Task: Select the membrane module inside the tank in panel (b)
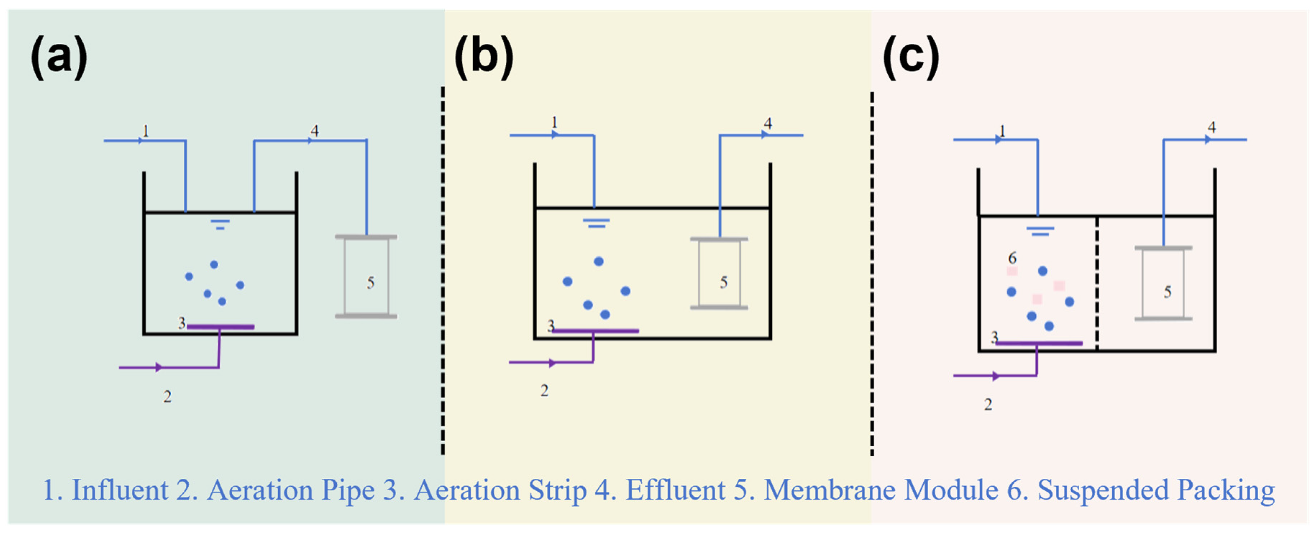(x=719, y=274)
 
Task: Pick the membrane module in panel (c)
(x=1163, y=284)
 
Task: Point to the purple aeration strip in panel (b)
(x=596, y=331)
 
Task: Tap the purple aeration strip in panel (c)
(x=1039, y=343)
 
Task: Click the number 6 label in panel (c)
(x=1012, y=258)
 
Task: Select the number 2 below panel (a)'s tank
(x=167, y=396)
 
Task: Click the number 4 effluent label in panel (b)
(x=768, y=123)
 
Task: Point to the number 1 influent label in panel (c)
(x=1003, y=131)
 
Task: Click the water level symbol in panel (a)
(x=220, y=224)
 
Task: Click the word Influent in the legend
(x=120, y=490)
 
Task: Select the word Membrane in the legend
(x=829, y=490)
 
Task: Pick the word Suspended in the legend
(x=1103, y=490)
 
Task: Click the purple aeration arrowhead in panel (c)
(x=996, y=376)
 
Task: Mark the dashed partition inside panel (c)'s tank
(x=1097, y=284)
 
